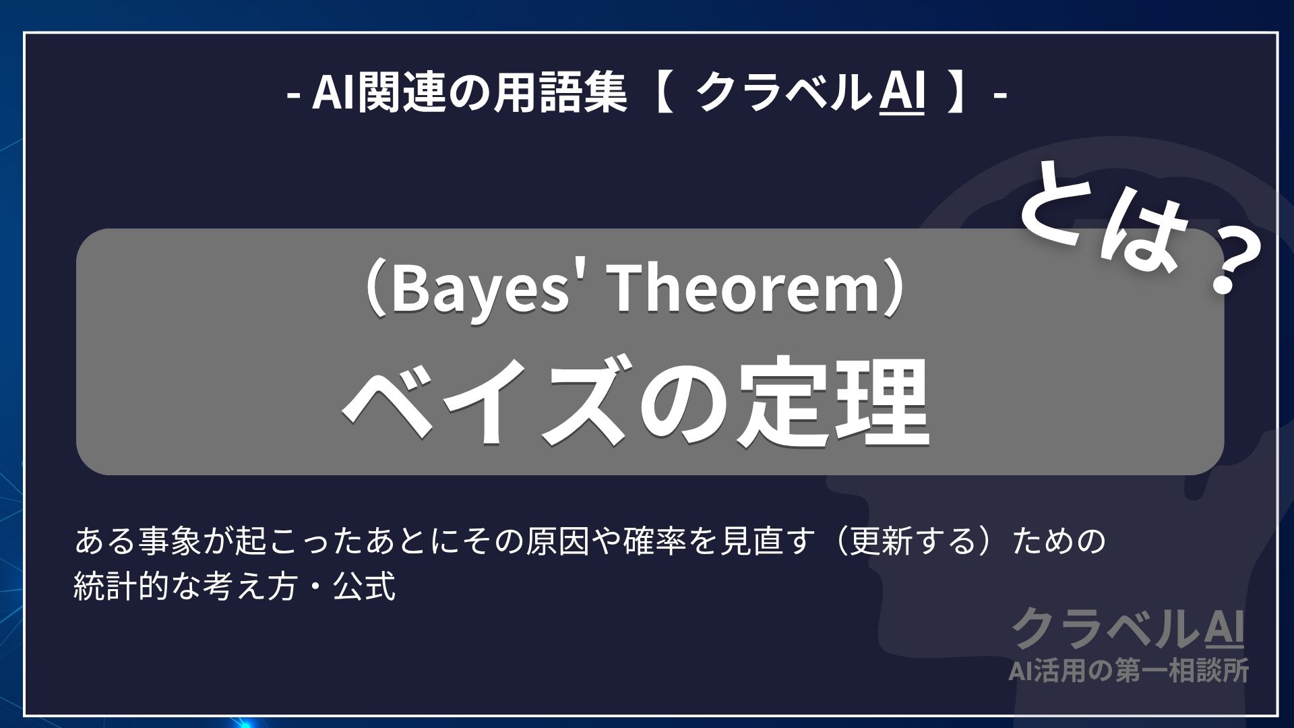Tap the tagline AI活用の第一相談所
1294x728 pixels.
click(x=1128, y=671)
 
